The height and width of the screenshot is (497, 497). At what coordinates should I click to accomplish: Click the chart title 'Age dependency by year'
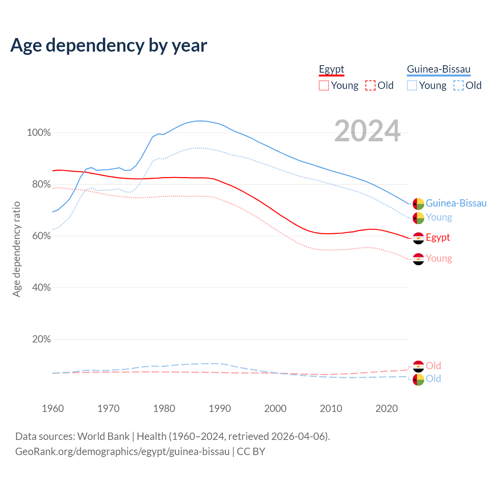(109, 45)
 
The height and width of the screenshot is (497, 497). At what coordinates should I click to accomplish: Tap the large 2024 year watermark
(367, 131)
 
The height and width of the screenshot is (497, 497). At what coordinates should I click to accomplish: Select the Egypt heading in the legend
(332, 69)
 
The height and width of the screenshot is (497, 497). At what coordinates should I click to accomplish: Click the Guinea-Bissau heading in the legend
(438, 69)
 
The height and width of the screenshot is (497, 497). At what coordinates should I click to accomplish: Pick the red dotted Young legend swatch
(324, 85)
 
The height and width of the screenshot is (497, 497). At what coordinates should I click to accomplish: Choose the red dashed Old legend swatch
(370, 85)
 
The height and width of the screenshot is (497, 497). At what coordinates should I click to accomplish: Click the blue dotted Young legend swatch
(412, 85)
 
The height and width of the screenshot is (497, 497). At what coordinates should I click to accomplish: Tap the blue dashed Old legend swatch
(459, 85)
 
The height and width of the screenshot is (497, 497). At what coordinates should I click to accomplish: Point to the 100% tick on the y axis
(39, 133)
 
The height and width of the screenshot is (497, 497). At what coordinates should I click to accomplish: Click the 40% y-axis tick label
(41, 288)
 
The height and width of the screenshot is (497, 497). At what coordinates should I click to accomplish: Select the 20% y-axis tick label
(41, 339)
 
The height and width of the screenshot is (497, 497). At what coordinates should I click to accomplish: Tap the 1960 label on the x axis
(53, 408)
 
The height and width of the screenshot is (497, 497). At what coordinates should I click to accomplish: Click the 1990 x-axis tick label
(220, 408)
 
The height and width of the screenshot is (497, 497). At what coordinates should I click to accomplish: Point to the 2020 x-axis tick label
(387, 408)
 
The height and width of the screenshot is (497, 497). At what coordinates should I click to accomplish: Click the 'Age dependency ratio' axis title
(16, 249)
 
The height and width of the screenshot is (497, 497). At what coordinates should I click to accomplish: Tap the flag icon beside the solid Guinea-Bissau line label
(418, 204)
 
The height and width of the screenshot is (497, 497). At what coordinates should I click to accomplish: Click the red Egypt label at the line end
(438, 237)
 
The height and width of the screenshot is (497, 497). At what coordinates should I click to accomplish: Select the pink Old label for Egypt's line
(433, 366)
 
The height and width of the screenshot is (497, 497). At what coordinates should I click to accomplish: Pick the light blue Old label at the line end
(433, 379)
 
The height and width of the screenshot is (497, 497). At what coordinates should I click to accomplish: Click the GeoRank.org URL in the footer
(122, 452)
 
